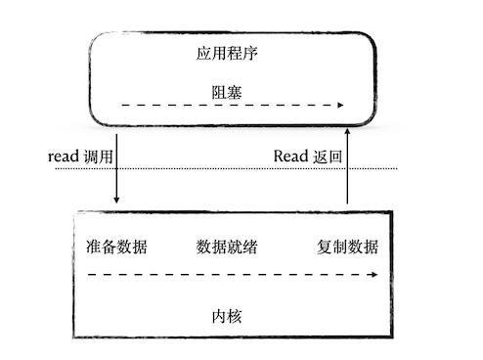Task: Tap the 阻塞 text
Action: (x=227, y=91)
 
